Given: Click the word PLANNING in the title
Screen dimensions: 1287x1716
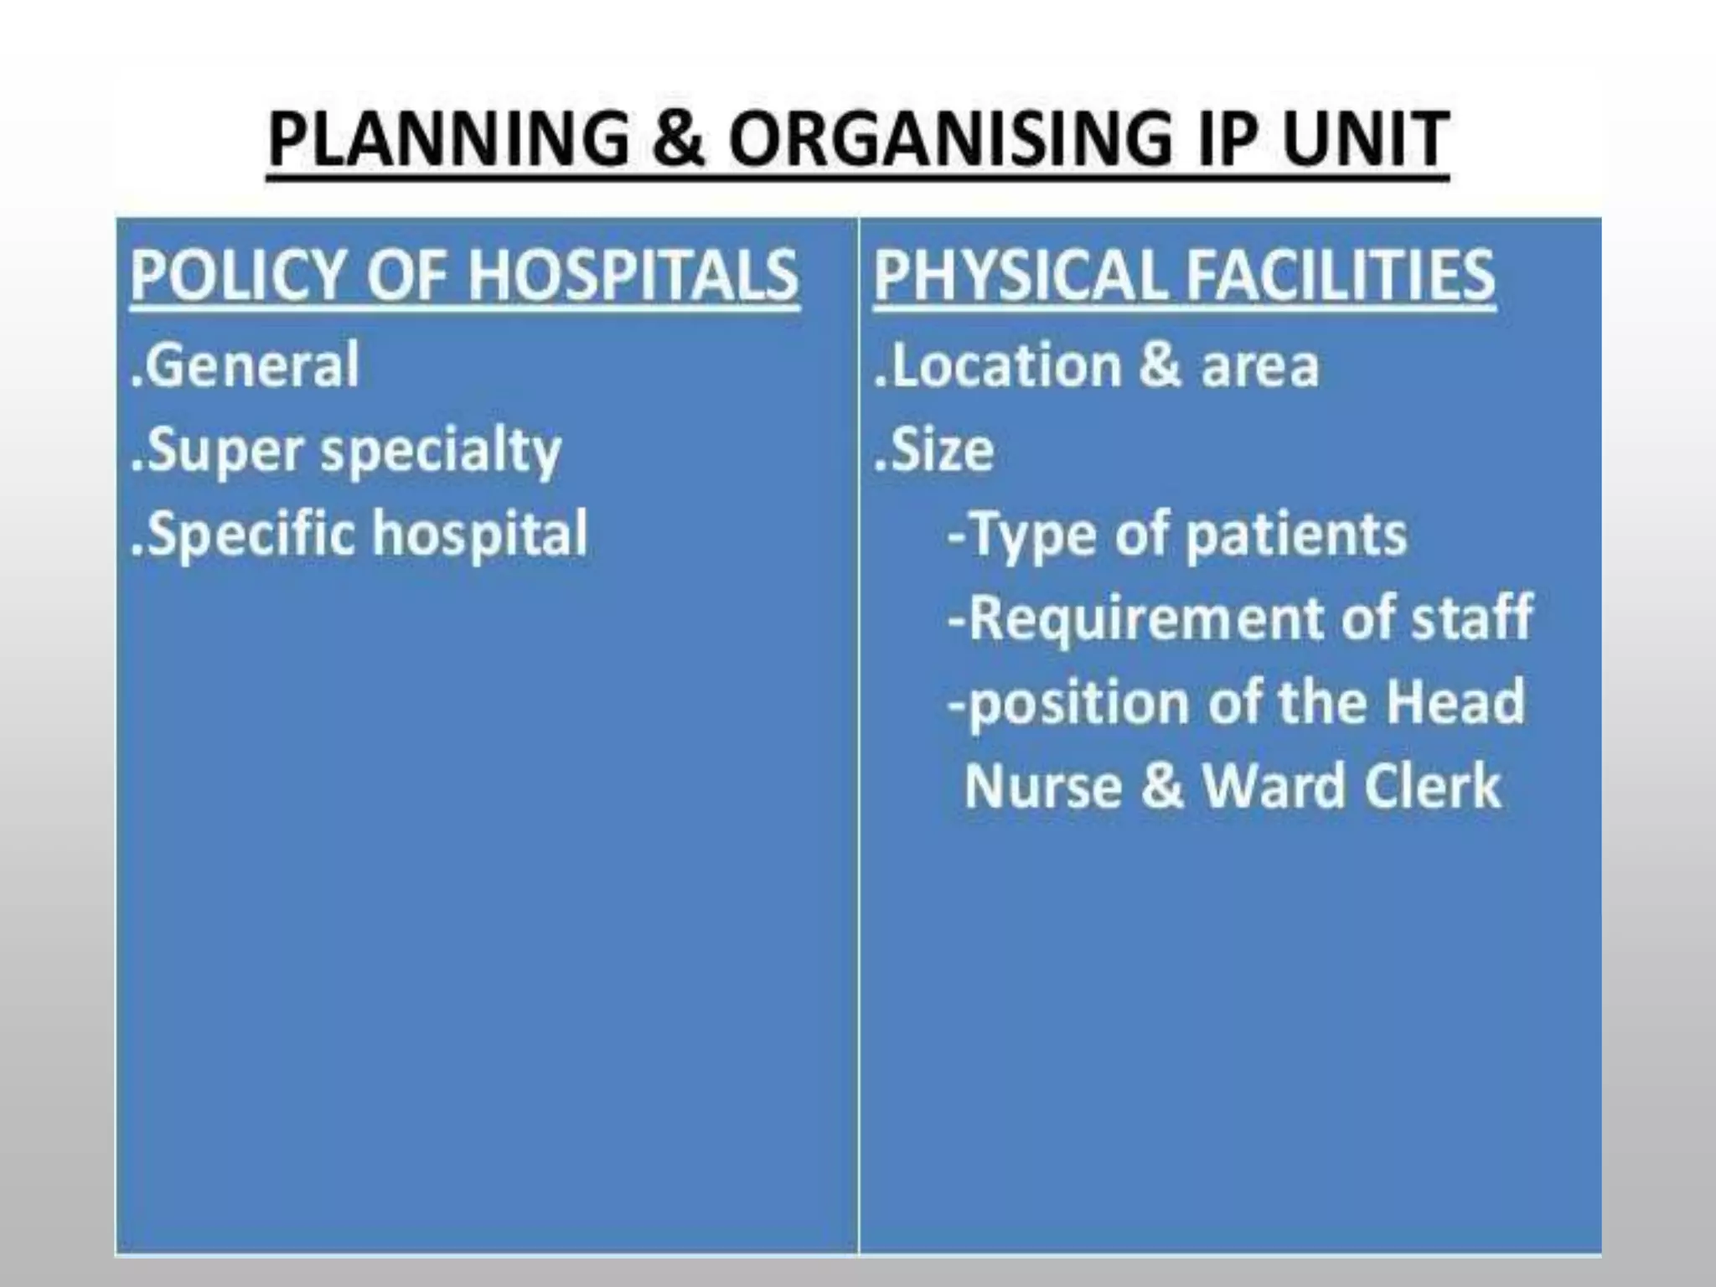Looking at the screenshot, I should pyautogui.click(x=448, y=139).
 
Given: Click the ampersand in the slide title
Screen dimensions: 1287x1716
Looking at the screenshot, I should pyautogui.click(x=678, y=139).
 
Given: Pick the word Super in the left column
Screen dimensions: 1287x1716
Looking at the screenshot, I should pyautogui.click(x=223, y=451).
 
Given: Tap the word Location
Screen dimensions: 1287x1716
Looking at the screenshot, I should pyautogui.click(x=1004, y=365).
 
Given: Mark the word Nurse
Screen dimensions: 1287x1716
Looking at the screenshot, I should pyautogui.click(x=1042, y=786).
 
